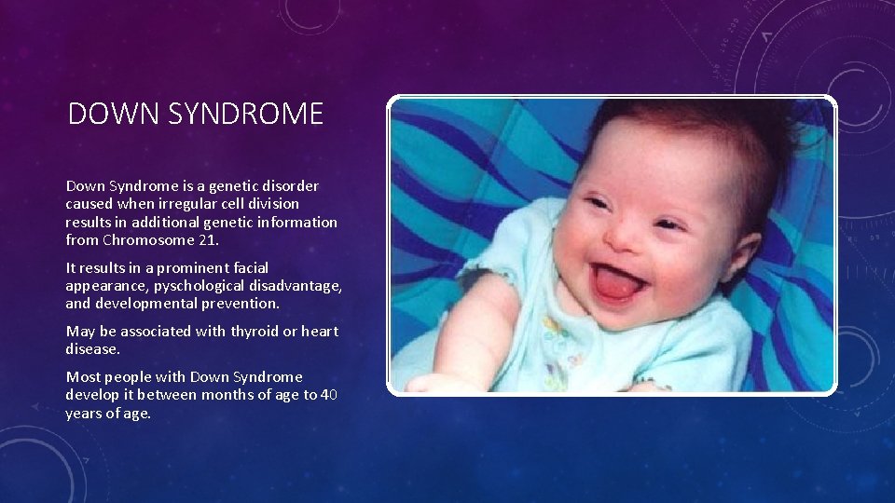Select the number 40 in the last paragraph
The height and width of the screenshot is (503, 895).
[328, 394]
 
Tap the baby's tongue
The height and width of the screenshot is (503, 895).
[616, 284]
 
